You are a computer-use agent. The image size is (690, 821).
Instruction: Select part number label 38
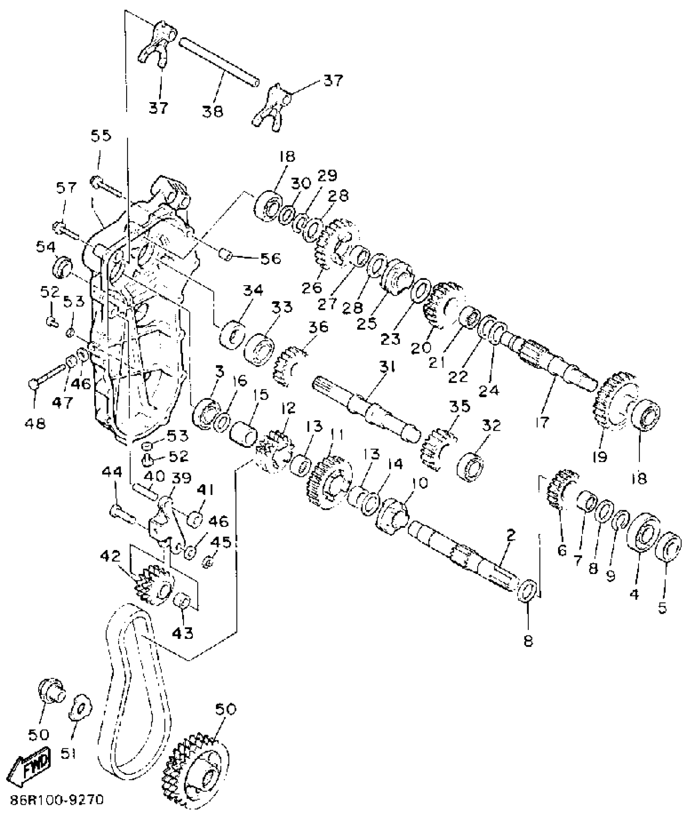tap(213, 111)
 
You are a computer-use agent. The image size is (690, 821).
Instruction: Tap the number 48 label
tap(35, 424)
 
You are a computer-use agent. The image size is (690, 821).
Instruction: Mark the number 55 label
tap(101, 135)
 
